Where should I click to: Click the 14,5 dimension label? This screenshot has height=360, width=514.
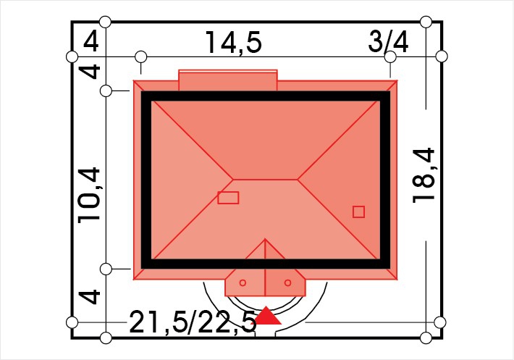tap(233, 43)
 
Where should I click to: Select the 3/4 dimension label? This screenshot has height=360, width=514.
tap(389, 41)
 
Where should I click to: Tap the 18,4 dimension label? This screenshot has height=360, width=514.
tap(424, 175)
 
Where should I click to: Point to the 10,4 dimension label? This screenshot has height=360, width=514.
tap(88, 196)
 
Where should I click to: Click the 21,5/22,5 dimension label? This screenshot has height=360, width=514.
tap(193, 322)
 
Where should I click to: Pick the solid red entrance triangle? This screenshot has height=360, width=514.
tap(268, 315)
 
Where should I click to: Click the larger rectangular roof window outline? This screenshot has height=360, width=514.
tap(228, 198)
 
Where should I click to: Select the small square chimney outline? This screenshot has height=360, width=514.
tap(358, 212)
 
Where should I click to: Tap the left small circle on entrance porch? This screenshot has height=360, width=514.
tap(243, 282)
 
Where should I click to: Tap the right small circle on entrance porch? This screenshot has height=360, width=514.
tap(288, 282)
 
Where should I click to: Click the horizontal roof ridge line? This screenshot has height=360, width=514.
tap(265, 180)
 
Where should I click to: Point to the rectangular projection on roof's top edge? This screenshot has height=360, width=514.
tap(228, 80)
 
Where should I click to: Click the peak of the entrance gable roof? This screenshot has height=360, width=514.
tap(265, 239)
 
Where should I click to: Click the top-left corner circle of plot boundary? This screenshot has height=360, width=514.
tap(105, 22)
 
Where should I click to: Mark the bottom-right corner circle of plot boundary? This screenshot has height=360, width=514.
tap(426, 338)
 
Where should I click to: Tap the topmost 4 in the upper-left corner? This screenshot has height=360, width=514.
tap(90, 42)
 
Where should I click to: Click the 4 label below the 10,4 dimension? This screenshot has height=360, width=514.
tap(90, 297)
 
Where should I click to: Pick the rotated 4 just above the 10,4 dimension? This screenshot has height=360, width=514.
tap(90, 71)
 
